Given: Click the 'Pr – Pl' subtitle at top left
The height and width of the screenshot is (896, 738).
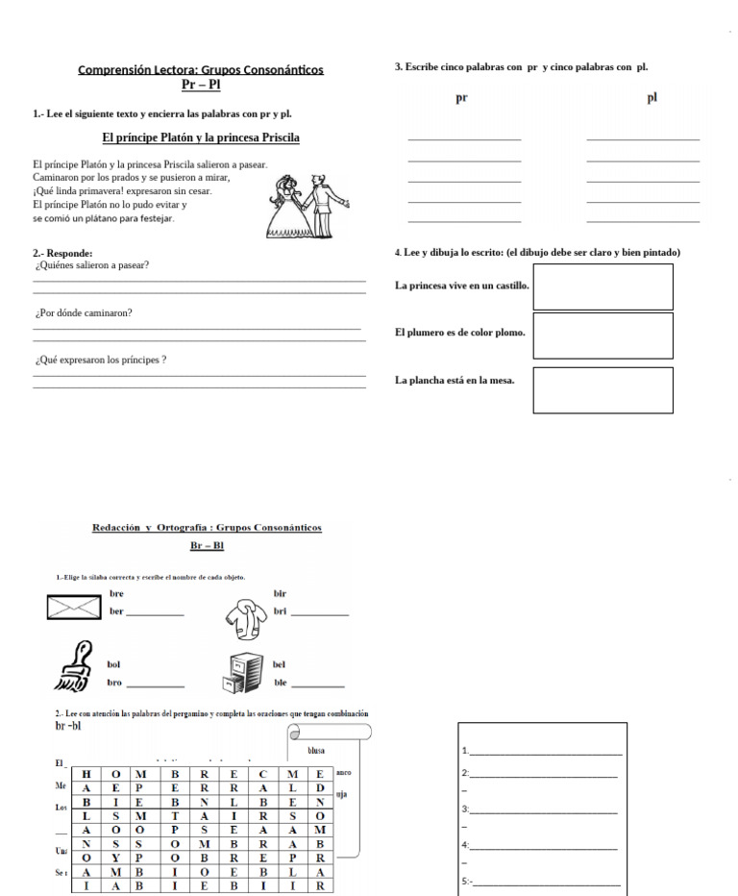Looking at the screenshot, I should [x=201, y=85].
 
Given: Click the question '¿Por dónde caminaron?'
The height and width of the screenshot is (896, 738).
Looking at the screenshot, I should [x=84, y=312].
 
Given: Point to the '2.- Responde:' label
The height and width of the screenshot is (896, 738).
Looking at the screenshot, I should [x=62, y=253].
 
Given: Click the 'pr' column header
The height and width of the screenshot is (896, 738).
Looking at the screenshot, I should [x=461, y=98].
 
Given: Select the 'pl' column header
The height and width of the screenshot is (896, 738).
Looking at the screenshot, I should [x=652, y=97].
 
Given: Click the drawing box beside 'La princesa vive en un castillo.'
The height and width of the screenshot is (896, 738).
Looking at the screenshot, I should [x=603, y=286].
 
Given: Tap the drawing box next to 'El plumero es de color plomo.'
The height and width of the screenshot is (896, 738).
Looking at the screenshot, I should [x=603, y=335].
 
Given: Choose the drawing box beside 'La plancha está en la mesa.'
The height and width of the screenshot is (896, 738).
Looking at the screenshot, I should [x=603, y=389].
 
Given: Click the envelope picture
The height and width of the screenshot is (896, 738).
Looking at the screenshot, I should [x=73, y=607].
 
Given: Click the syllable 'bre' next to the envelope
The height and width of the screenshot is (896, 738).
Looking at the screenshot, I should [x=116, y=594].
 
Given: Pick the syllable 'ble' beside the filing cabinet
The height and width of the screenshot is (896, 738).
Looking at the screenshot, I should [x=281, y=683].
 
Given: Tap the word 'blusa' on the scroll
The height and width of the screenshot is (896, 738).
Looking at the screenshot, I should [x=315, y=750].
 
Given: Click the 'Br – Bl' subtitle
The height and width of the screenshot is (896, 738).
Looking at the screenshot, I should [x=206, y=545].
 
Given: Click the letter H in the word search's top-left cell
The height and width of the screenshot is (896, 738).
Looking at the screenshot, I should [x=86, y=773].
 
